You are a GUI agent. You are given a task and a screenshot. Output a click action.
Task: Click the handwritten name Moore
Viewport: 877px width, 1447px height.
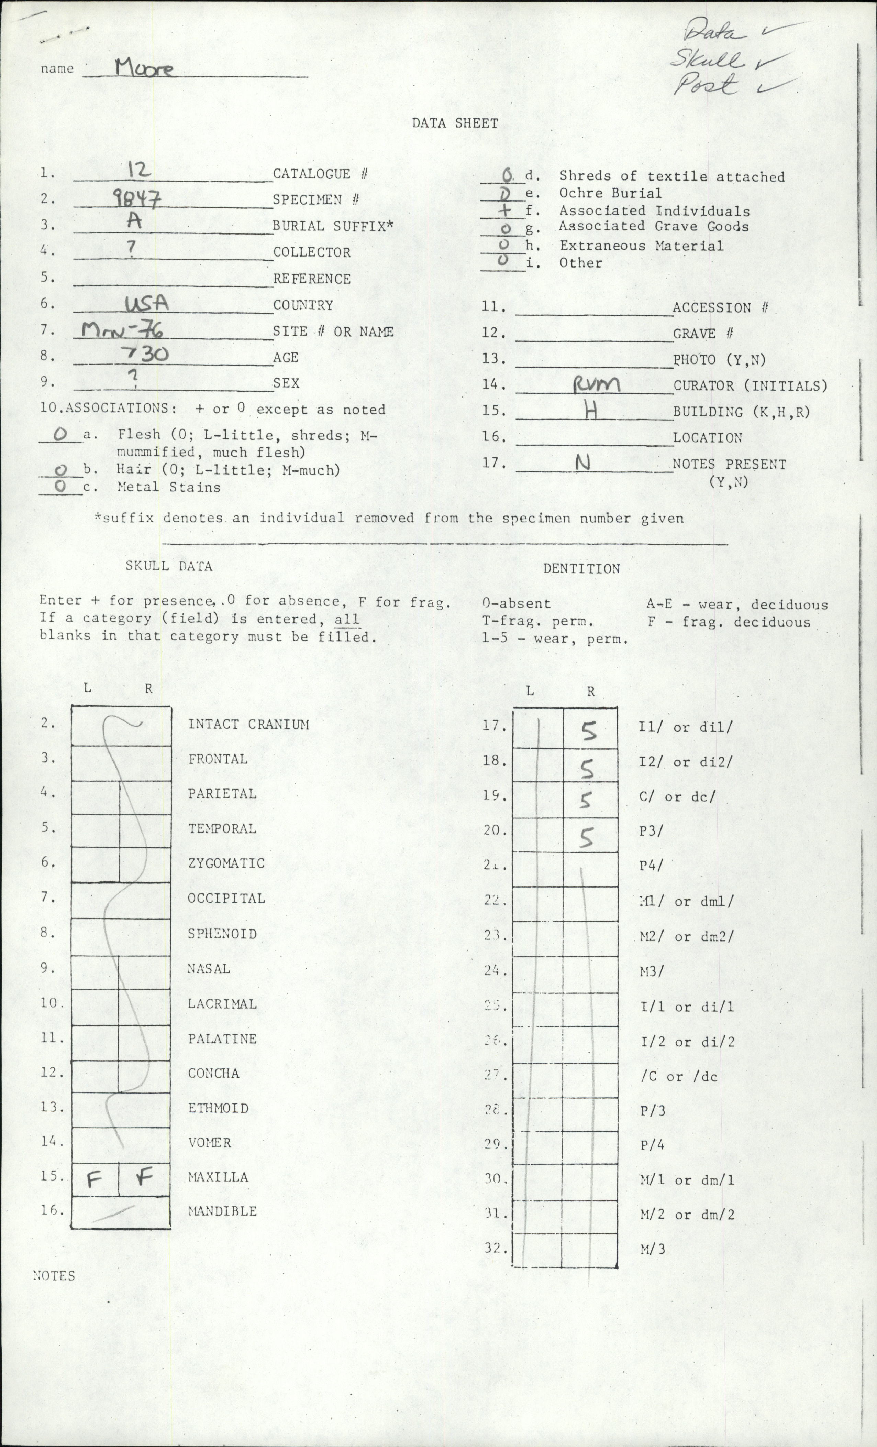(144, 69)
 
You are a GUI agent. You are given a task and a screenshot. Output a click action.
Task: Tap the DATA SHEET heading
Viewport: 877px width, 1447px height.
(455, 123)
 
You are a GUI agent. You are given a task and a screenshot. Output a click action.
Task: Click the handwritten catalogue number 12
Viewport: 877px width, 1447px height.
(139, 170)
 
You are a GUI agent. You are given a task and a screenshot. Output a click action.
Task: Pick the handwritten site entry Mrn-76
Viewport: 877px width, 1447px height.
(122, 331)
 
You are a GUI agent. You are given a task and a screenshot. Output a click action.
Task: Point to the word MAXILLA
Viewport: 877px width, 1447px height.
(218, 1353)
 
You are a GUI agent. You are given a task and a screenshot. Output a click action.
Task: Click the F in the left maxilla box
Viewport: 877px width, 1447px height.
(94, 1356)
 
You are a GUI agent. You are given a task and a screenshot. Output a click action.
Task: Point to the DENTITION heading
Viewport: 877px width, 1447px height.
(581, 568)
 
